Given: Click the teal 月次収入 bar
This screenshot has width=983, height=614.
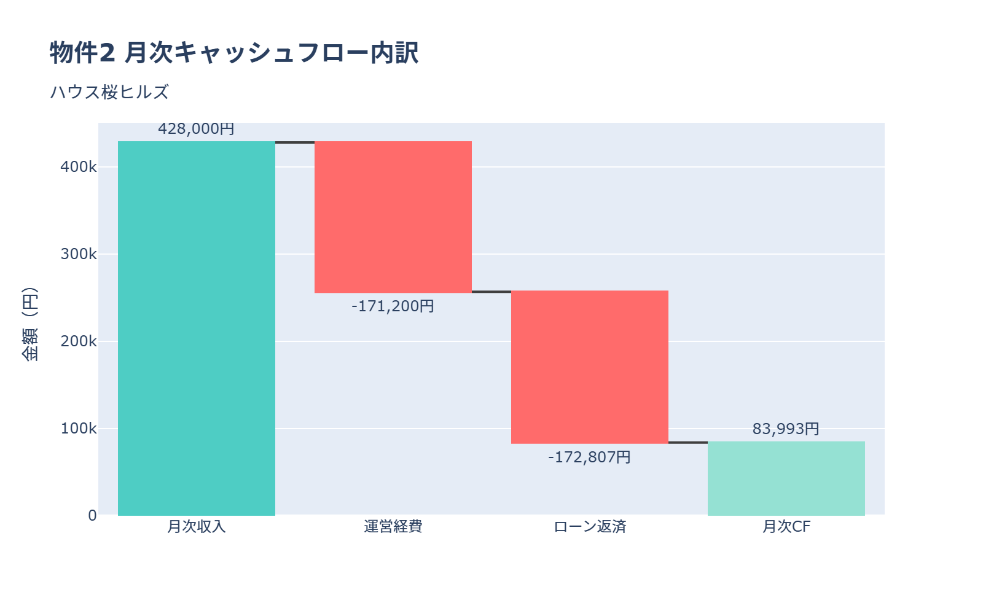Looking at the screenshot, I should (197, 328).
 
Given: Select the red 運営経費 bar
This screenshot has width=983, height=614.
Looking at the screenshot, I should (393, 217).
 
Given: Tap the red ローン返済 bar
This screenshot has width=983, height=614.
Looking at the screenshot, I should (590, 367).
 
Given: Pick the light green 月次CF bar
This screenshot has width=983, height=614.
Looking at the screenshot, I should (786, 478).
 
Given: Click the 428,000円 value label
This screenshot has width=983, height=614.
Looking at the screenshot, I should (197, 129).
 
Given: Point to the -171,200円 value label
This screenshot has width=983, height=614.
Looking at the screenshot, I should (393, 306).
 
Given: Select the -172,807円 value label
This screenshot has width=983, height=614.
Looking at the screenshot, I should (590, 457).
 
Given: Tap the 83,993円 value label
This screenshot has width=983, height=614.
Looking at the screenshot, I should (786, 429).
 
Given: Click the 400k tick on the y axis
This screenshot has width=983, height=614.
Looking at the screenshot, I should (79, 167).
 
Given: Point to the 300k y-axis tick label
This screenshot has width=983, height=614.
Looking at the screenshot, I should (79, 254).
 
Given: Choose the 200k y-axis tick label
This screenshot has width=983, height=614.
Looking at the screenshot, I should (79, 341).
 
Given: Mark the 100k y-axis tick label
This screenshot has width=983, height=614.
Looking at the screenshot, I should (79, 429).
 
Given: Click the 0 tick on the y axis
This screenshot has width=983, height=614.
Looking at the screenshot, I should (92, 516).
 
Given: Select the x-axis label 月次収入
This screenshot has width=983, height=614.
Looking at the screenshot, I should (197, 527).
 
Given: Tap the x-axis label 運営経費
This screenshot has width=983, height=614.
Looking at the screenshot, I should (393, 527).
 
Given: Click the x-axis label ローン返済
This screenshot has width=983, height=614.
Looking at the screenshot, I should (590, 527).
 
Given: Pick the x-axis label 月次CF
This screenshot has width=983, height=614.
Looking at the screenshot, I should (786, 527).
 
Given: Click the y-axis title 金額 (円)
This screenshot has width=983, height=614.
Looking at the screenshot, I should (29, 324).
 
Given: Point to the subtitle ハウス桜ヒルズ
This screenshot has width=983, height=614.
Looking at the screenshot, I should (109, 92).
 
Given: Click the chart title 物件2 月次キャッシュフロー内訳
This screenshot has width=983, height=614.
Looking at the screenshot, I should (234, 53).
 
